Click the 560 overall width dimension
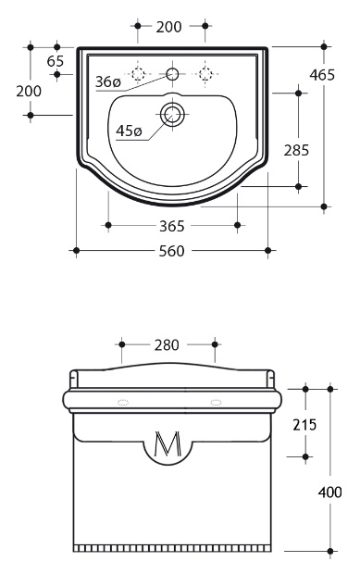171,251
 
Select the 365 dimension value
171,226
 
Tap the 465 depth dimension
322,75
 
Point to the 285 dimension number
296,150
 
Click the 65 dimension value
56,61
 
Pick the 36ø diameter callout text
108,81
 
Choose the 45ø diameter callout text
129,131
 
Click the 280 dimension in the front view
167,344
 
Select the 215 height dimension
304,425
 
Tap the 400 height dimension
330,493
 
